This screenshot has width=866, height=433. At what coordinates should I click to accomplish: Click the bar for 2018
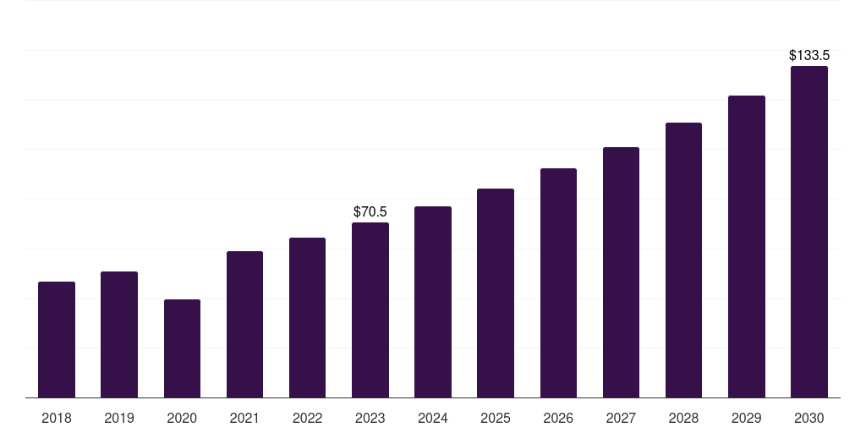point(57,339)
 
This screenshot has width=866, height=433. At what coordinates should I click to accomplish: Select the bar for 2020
point(182,348)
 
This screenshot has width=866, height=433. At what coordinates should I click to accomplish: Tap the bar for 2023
point(370,310)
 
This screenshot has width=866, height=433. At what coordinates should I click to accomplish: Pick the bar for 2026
point(558,282)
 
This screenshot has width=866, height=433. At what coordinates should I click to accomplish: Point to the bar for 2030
point(809,232)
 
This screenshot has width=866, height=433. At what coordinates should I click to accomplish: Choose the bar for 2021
point(244,324)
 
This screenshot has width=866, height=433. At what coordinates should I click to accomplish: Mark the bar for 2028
point(683,260)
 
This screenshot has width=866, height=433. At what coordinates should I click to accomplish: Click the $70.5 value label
point(370,211)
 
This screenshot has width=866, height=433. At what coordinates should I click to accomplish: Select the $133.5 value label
point(809,55)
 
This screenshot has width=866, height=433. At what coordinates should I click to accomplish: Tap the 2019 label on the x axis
point(119,418)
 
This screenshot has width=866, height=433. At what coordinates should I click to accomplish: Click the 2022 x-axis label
point(308,418)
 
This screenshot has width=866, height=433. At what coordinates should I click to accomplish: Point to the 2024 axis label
point(433,418)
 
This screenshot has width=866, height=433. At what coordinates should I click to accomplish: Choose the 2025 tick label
point(496,418)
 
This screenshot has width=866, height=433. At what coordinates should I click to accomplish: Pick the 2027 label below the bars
point(621,418)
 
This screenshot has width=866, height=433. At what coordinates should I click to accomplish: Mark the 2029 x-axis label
point(746,418)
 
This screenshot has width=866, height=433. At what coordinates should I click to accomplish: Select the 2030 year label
point(809,418)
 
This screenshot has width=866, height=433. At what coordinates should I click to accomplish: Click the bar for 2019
point(119,334)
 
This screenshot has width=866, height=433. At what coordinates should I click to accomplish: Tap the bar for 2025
point(496,293)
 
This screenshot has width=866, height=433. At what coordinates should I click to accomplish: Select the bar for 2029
point(746,246)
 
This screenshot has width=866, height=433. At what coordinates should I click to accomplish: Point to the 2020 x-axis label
point(182,418)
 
